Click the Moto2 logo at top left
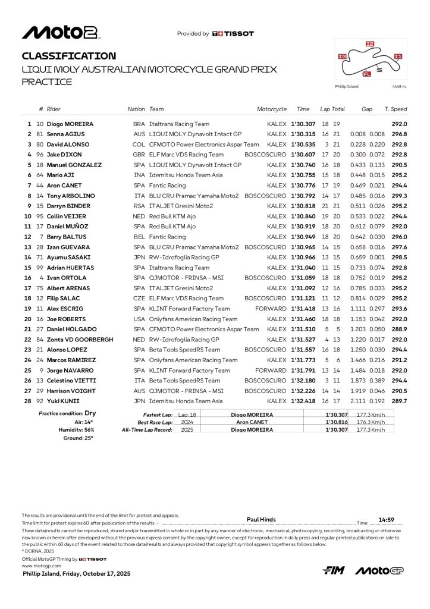[x=60, y=33]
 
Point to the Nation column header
[x=136, y=109]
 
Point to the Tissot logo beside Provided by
[x=233, y=34]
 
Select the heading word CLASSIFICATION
[x=68, y=56]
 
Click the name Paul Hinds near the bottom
[x=261, y=519]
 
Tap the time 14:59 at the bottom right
[x=387, y=519]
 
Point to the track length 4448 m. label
[x=399, y=87]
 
